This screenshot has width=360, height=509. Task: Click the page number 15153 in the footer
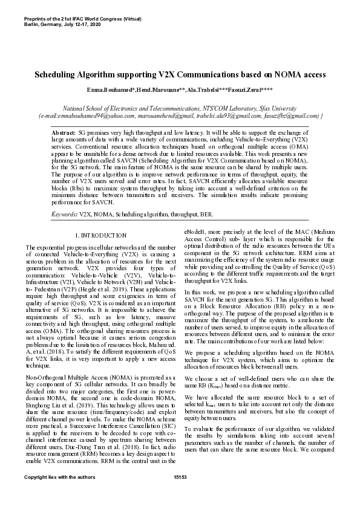(180, 495)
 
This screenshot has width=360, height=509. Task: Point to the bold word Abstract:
(64, 131)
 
